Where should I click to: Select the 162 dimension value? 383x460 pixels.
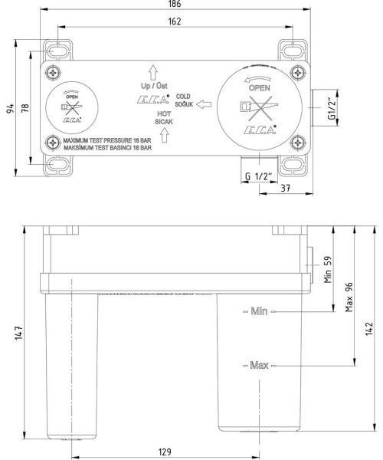tap(175, 21)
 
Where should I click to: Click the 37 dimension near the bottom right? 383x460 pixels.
tap(284, 189)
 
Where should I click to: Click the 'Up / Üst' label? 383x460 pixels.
tap(152, 87)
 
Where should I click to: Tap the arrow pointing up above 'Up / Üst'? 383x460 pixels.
tap(152, 72)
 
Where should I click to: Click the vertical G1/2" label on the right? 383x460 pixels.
tap(331, 108)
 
